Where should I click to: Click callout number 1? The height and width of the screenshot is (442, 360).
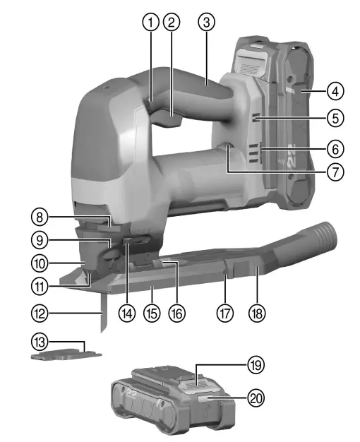pyautogui.click(x=148, y=22)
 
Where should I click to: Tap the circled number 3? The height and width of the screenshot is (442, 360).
pyautogui.click(x=205, y=22)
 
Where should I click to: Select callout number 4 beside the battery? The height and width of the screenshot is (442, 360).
pyautogui.click(x=336, y=90)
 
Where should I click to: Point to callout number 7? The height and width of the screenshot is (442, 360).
pyautogui.click(x=336, y=171)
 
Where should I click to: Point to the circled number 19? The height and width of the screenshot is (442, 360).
pyautogui.click(x=255, y=365)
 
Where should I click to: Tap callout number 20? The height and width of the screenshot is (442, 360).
pyautogui.click(x=255, y=398)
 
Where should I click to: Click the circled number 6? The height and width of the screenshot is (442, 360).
pyautogui.click(x=336, y=149)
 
